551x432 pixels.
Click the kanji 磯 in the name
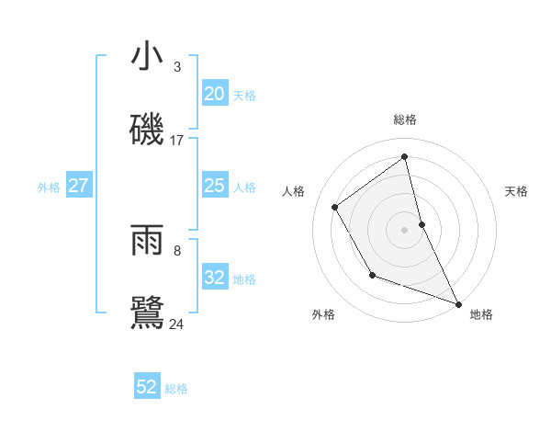(147, 130)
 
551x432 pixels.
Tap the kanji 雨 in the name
(147, 240)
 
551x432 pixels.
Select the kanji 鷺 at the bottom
(147, 313)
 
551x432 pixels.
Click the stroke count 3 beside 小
(177, 67)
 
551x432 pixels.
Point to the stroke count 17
(177, 141)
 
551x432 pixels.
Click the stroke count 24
(177, 324)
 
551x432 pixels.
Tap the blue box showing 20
(215, 94)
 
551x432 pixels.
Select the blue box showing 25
(215, 187)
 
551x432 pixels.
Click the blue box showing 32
(215, 278)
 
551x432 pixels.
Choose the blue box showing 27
(79, 187)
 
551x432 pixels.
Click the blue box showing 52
(147, 387)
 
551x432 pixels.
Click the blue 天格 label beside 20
(243, 95)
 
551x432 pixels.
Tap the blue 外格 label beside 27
(49, 188)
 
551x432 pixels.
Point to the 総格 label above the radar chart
(405, 119)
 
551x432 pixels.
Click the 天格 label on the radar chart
(516, 191)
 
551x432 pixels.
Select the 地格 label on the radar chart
(481, 314)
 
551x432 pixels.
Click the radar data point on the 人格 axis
(335, 207)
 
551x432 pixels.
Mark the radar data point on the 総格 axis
(405, 156)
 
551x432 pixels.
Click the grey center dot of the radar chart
(405, 229)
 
